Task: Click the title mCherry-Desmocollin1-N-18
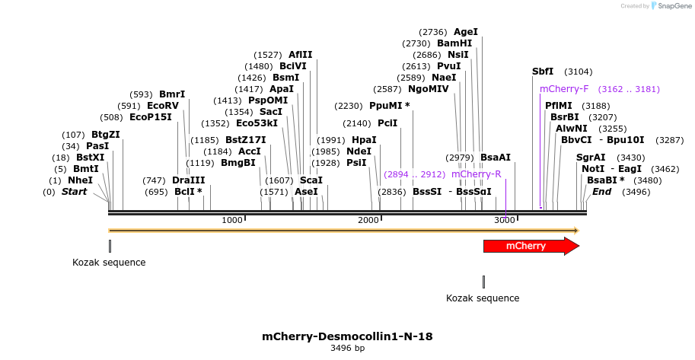click(347, 336)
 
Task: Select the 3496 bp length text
click(347, 349)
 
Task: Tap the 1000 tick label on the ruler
click(232, 220)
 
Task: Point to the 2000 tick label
click(368, 220)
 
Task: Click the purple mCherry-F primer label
click(564, 89)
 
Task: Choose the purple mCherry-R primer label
click(476, 174)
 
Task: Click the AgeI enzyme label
click(465, 32)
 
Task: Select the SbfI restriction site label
click(543, 72)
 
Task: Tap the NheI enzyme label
click(80, 180)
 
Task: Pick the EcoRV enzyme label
click(162, 106)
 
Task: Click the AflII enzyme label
click(300, 55)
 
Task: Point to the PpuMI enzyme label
click(389, 106)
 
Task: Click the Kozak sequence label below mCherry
click(483, 298)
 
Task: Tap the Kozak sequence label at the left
click(109, 263)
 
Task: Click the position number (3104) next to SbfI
click(578, 72)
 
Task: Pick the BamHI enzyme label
click(454, 43)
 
